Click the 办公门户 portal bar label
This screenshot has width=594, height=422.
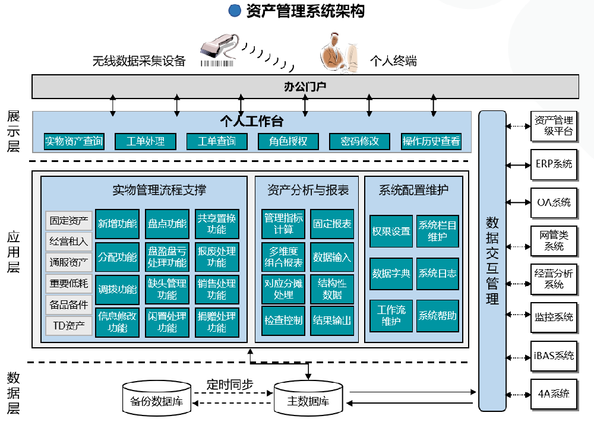[x=305, y=87]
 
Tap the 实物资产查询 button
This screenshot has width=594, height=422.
[x=74, y=141]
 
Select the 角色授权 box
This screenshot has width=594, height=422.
[x=288, y=141]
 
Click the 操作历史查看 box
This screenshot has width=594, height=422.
[x=431, y=141]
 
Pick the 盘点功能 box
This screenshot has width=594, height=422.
[x=167, y=224]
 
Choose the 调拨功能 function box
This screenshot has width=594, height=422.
[x=117, y=290]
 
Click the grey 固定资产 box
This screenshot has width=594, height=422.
[x=69, y=221]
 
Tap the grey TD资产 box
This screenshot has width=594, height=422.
[x=69, y=325]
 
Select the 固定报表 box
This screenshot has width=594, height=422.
[x=332, y=224]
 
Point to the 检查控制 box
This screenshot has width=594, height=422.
[x=283, y=321]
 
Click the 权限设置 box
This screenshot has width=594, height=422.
[x=391, y=231]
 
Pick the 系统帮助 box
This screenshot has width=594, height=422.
[x=438, y=315]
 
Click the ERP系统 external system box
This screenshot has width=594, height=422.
[x=554, y=163]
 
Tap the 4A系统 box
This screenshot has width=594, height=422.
[x=554, y=394]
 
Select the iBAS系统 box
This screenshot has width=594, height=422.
[x=554, y=356]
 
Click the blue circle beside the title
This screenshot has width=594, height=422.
[x=235, y=11]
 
